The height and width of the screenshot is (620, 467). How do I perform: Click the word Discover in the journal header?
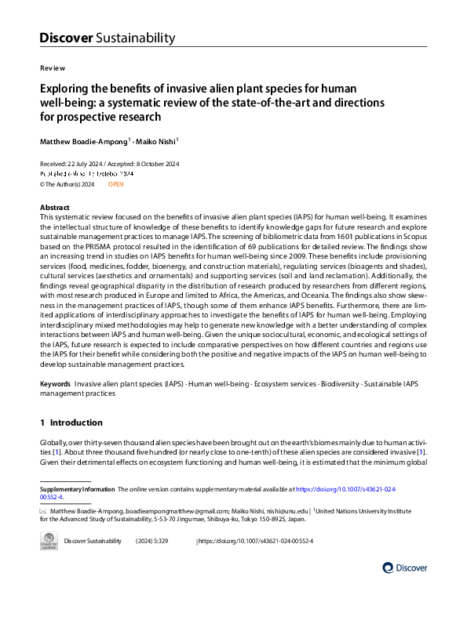pos(66,38)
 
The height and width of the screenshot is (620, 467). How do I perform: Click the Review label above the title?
pos(53,68)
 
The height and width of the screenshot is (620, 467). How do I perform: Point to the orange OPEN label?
pos(115,183)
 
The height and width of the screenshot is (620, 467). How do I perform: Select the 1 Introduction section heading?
pos(76,422)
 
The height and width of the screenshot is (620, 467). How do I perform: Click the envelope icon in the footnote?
pos(44,510)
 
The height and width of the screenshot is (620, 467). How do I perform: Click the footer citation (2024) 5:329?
pos(152,541)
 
